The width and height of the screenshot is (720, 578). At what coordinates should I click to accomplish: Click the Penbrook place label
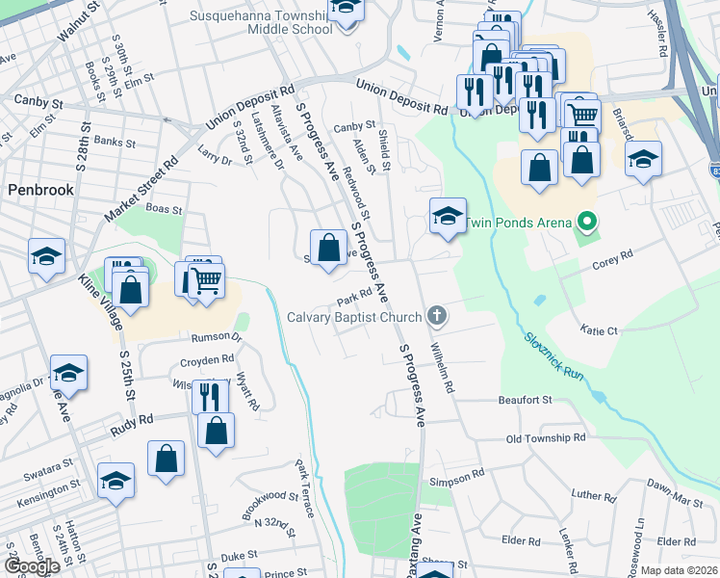click(40, 189)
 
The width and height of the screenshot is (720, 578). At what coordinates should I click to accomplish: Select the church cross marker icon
click(436, 315)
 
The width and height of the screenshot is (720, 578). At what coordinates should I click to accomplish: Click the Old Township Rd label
click(546, 438)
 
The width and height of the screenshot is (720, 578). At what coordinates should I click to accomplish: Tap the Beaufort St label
click(525, 399)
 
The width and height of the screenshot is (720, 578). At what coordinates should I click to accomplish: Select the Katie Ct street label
click(598, 330)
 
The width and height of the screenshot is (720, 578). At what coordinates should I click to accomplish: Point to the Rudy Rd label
click(132, 422)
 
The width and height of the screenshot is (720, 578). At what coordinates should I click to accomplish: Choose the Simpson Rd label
click(457, 478)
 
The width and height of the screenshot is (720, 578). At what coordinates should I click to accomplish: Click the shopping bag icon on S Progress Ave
click(328, 248)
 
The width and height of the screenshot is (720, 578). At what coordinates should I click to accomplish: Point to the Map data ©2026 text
click(679, 570)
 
